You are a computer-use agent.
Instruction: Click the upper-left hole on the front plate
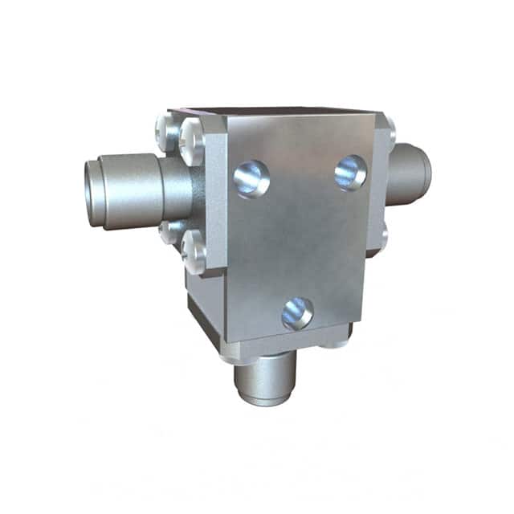251,177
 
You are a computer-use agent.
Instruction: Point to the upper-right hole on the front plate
351,172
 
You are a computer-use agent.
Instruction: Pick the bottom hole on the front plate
297,312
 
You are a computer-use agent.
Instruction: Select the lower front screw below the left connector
194,251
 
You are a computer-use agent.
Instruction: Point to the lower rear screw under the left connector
169,232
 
